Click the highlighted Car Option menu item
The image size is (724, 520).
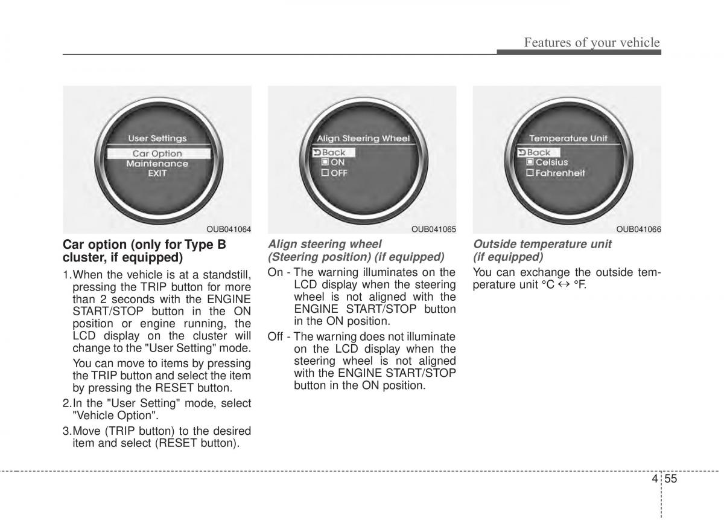pyautogui.click(x=158, y=153)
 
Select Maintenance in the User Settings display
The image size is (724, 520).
pyautogui.click(x=157, y=164)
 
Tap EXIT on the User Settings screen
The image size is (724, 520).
pyautogui.click(x=157, y=174)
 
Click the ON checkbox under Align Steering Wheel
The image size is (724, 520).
pyautogui.click(x=325, y=162)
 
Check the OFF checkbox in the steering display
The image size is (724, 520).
pyautogui.click(x=325, y=173)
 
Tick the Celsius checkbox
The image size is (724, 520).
pyautogui.click(x=530, y=162)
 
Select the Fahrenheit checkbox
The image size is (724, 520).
pyautogui.click(x=530, y=173)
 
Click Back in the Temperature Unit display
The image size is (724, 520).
pyautogui.click(x=538, y=152)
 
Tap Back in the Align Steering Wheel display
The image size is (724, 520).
pyautogui.click(x=333, y=152)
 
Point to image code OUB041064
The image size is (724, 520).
pyautogui.click(x=229, y=230)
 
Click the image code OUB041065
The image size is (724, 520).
pyautogui.click(x=434, y=230)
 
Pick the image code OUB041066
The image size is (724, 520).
pyautogui.click(x=639, y=230)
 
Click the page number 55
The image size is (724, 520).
pyautogui.click(x=671, y=478)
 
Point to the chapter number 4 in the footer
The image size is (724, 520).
pyautogui.click(x=655, y=478)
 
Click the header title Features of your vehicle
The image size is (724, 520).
pyautogui.click(x=592, y=42)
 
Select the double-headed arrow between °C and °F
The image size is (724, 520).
pyautogui.click(x=564, y=285)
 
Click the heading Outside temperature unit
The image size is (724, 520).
pyautogui.click(x=542, y=244)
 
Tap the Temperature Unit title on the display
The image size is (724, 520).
pyautogui.click(x=568, y=138)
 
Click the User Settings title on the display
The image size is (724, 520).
pyautogui.click(x=157, y=138)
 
